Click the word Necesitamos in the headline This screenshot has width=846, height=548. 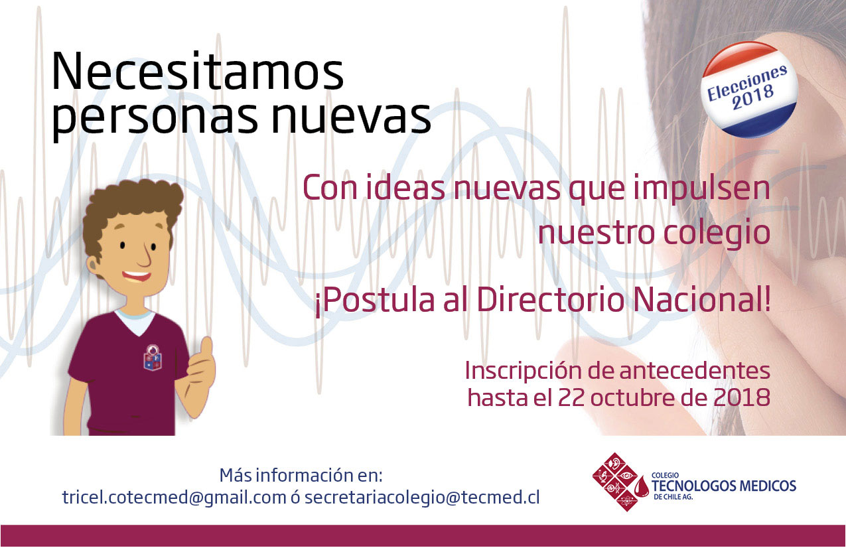click(198, 71)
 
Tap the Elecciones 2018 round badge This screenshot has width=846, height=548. click(749, 90)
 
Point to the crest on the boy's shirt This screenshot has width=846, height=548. click(153, 356)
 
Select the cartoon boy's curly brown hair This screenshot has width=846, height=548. click(129, 212)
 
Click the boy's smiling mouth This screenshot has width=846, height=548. click(136, 277)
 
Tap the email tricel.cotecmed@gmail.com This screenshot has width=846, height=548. click(175, 498)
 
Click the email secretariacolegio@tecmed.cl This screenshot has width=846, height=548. click(422, 498)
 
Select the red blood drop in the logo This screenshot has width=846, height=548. click(642, 486)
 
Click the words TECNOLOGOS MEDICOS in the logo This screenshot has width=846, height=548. click(724, 486)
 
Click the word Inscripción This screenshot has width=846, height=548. click(522, 372)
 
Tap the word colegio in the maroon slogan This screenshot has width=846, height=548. click(717, 234)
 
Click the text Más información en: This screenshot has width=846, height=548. click(301, 476)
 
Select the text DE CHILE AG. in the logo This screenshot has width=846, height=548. click(673, 497)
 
